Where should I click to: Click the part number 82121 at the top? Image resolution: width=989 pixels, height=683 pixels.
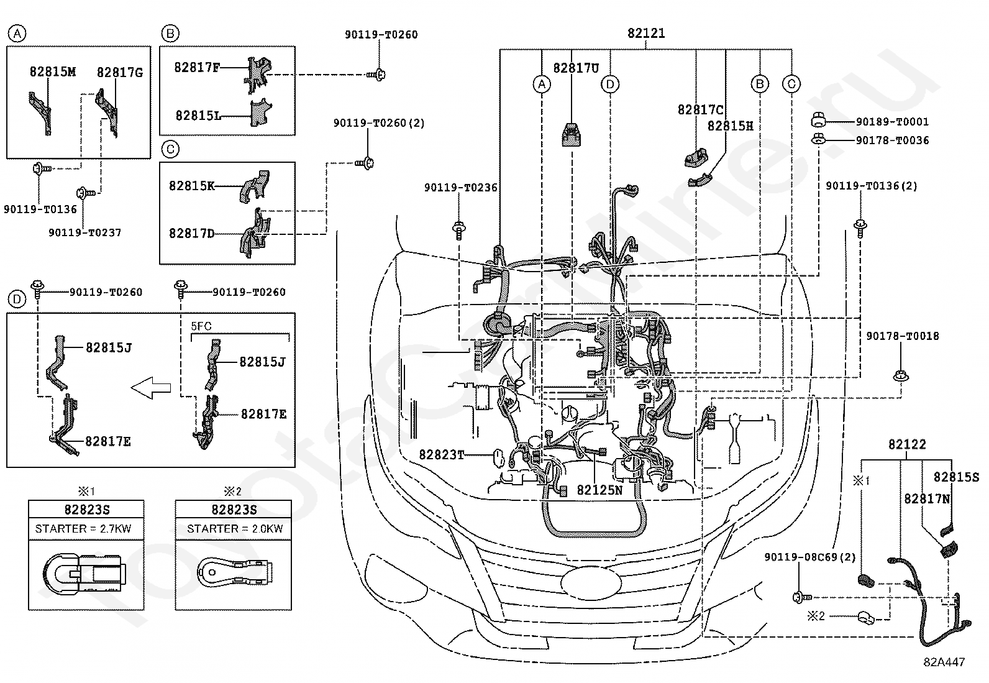(x=646, y=33)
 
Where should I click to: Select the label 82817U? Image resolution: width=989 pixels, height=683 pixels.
(x=576, y=68)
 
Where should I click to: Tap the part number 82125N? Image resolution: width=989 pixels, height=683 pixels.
(x=599, y=490)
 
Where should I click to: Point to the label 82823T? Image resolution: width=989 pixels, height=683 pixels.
(x=441, y=454)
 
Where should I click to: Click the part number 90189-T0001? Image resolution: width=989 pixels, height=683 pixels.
(x=892, y=121)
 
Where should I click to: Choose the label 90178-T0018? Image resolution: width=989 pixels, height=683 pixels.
(x=902, y=336)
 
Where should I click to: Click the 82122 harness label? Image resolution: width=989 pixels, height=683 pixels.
(x=907, y=444)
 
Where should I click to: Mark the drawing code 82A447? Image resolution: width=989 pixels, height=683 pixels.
(x=944, y=662)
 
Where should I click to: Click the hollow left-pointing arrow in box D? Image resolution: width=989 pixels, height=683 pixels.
(x=151, y=388)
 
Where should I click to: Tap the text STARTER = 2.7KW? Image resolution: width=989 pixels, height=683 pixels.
(x=83, y=529)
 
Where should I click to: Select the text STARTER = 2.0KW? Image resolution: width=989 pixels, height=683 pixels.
(x=234, y=529)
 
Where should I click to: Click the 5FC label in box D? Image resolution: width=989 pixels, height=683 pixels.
(x=201, y=326)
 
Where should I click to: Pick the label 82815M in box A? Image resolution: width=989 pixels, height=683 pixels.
(x=53, y=71)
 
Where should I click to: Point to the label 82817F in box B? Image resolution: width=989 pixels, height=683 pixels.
(x=196, y=67)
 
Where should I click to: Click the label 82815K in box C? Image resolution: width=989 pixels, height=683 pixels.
(x=191, y=186)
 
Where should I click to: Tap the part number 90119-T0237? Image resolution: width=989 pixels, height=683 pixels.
(x=84, y=232)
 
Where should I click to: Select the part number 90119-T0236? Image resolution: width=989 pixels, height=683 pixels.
(x=460, y=187)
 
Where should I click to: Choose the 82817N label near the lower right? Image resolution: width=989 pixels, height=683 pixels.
(x=926, y=499)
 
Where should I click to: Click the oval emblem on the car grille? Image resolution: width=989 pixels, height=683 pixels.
(x=591, y=583)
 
